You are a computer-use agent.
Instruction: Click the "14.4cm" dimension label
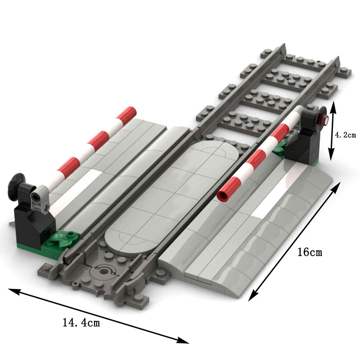81,322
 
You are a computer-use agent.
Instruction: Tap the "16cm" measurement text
310,252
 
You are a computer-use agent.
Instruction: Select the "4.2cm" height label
346,135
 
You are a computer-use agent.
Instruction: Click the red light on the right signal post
323,119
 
